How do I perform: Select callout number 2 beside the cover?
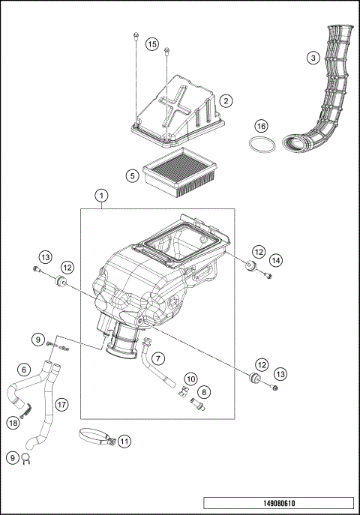coord(225,100)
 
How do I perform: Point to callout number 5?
coord(131,176)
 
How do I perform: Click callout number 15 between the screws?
coord(151,45)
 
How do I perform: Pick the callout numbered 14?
coord(277,260)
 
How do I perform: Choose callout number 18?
coord(13,423)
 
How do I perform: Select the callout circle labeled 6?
coord(24,369)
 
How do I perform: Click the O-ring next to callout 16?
coord(259,145)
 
